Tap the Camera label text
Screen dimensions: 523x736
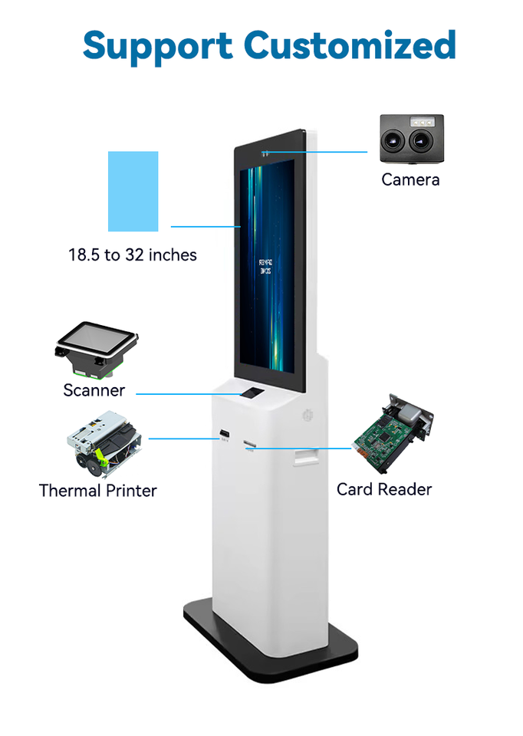click(410, 179)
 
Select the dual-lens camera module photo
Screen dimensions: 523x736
click(412, 139)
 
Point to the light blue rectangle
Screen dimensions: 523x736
click(133, 191)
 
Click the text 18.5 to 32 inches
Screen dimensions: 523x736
click(133, 255)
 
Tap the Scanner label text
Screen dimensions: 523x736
click(94, 390)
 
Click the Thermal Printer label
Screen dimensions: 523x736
click(98, 491)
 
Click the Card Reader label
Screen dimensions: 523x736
click(384, 489)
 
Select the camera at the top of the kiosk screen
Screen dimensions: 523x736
click(264, 153)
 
